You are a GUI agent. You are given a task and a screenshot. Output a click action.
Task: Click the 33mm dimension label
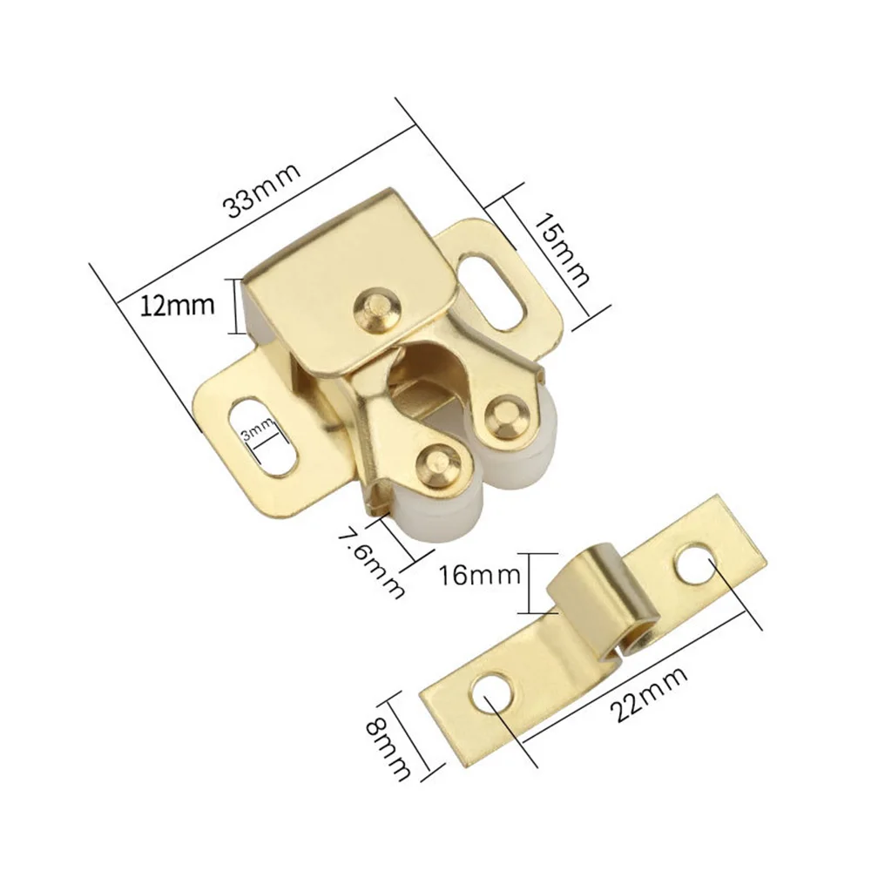coord(262,191)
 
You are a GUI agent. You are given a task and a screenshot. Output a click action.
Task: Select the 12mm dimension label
coord(177,306)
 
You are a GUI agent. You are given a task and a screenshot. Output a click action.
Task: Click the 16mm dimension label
coord(480,576)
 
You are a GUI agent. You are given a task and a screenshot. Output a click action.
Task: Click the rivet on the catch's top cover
coord(378,308)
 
